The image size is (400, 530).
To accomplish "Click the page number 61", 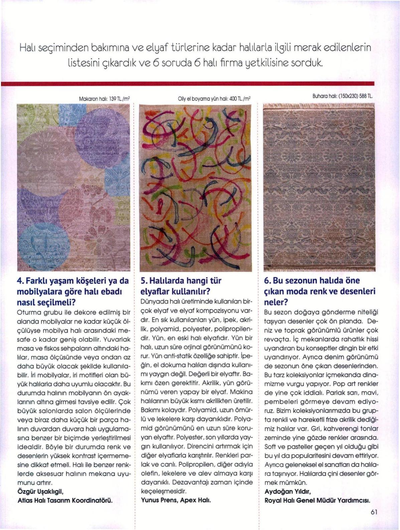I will point(374,512).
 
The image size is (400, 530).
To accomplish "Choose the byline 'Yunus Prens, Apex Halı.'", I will point(176,500).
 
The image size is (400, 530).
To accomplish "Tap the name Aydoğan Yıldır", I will point(288,492).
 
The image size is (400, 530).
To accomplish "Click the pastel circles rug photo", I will point(74,187).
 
